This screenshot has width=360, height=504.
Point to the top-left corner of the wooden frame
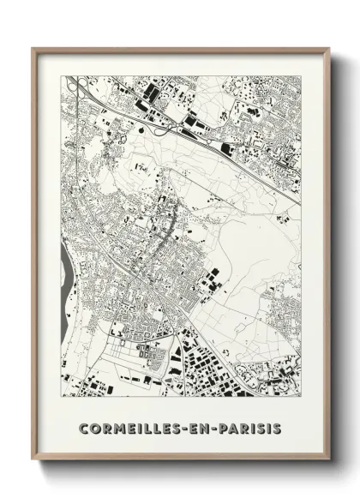click(x=33, y=47)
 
